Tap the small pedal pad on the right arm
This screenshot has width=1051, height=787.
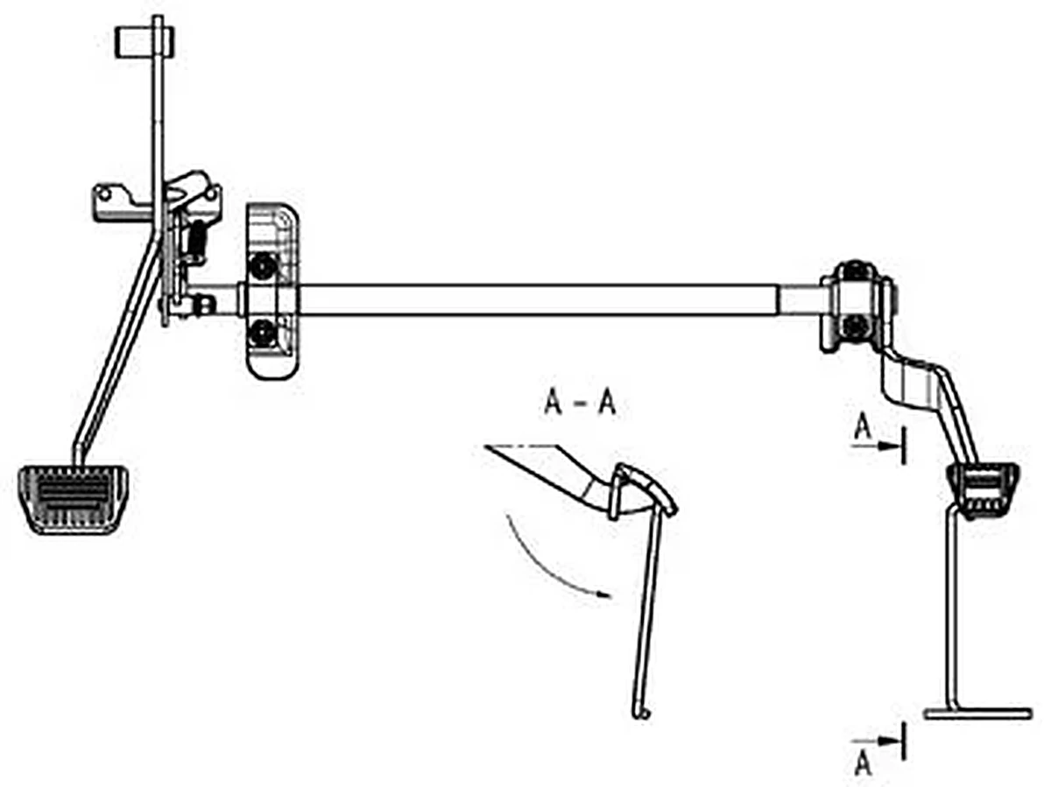(x=983, y=490)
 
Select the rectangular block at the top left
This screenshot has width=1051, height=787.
(x=145, y=42)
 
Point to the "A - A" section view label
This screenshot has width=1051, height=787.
(x=580, y=404)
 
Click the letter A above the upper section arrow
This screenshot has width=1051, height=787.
(x=864, y=428)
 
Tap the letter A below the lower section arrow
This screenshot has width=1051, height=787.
(x=864, y=764)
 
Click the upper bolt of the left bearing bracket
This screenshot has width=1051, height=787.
(x=263, y=266)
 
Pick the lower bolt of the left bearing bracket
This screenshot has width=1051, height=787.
(x=263, y=333)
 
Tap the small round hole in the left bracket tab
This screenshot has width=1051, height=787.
(x=105, y=193)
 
